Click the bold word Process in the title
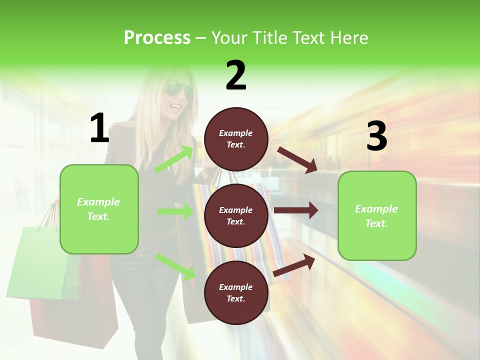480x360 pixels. coord(157,38)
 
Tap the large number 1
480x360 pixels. coord(99,129)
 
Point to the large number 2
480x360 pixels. coord(236,75)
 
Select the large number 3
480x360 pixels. coord(376,136)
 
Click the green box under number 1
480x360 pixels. coord(99,209)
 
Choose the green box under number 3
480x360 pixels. coord(377,215)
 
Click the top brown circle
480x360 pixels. coord(236,139)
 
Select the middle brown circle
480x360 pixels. coord(236,215)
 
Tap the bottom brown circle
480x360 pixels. coord(236,292)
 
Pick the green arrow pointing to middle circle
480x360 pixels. coord(175,211)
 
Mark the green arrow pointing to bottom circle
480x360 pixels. coord(175,266)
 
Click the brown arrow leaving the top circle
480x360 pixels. coord(297,159)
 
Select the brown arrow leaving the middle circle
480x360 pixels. coord(296,210)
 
